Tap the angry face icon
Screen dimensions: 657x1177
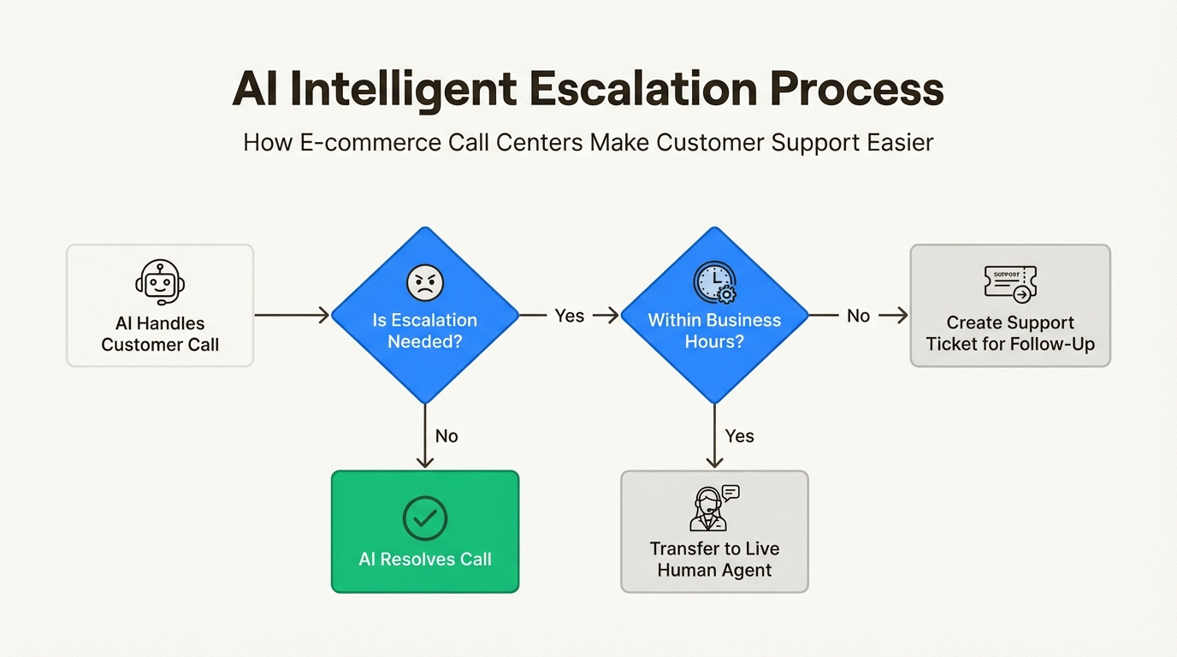tap(424, 282)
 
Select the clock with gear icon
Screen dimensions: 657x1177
tap(714, 282)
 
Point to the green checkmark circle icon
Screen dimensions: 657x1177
tap(425, 518)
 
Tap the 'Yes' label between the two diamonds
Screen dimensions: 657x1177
tap(569, 316)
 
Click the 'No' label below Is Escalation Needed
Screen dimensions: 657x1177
tap(447, 436)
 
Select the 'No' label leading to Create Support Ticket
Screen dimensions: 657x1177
tap(858, 316)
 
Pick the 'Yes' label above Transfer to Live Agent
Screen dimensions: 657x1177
tap(739, 436)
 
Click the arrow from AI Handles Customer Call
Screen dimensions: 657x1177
tap(292, 316)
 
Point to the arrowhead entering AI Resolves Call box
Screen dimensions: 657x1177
tap(425, 463)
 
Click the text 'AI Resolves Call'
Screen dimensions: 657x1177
tap(425, 559)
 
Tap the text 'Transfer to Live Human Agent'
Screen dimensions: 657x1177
tap(714, 559)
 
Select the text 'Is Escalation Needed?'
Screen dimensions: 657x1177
tap(425, 331)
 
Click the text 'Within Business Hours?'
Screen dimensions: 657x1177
tap(714, 331)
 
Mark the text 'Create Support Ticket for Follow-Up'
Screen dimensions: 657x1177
tap(1010, 334)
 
